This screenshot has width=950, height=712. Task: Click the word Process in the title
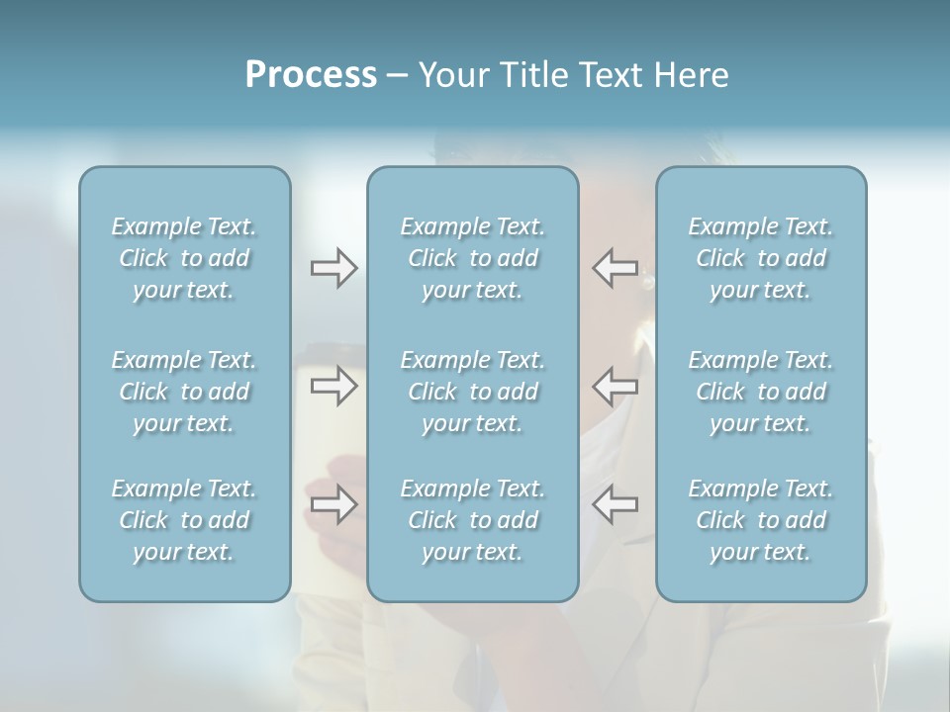click(311, 75)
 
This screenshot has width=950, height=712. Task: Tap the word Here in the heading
click(691, 75)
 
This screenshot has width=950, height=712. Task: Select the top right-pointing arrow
click(333, 268)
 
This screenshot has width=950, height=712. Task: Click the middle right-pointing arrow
click(333, 386)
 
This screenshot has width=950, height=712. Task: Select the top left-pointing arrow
click(615, 268)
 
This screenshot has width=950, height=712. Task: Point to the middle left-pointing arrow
click(615, 386)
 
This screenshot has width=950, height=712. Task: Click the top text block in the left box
click(184, 258)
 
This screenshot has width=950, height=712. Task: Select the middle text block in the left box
click(184, 392)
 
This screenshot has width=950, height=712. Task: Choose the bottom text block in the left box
click(184, 520)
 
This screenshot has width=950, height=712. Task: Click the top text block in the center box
click(472, 258)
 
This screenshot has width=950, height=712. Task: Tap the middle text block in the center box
click(472, 392)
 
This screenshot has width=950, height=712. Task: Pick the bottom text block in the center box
click(472, 520)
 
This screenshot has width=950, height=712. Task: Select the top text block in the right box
click(760, 258)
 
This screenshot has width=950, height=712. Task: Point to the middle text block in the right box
click(760, 392)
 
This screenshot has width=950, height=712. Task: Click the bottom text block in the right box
click(760, 520)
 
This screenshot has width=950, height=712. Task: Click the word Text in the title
click(610, 75)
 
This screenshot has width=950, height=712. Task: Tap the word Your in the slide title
click(449, 75)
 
